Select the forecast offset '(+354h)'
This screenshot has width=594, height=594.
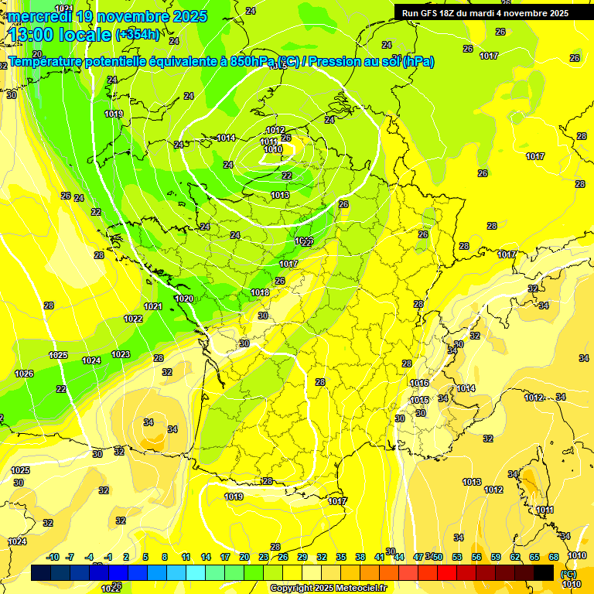point(138,34)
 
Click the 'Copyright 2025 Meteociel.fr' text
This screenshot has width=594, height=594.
point(327,588)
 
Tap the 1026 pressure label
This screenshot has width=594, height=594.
point(24,374)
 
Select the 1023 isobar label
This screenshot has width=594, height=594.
point(121,354)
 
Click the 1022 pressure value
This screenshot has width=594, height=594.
point(133,319)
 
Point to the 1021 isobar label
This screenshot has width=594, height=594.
point(153,306)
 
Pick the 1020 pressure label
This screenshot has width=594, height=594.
point(184,299)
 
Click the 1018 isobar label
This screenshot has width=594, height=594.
point(260,292)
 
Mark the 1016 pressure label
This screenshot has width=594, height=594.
point(419,383)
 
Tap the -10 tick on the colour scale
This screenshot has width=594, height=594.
point(53,557)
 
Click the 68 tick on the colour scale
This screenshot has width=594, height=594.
point(554,557)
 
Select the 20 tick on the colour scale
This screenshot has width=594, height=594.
point(244,557)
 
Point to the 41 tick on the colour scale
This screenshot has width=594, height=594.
point(380,557)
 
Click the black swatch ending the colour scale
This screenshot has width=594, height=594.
point(544,572)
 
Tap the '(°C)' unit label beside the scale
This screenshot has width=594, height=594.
point(569,573)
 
